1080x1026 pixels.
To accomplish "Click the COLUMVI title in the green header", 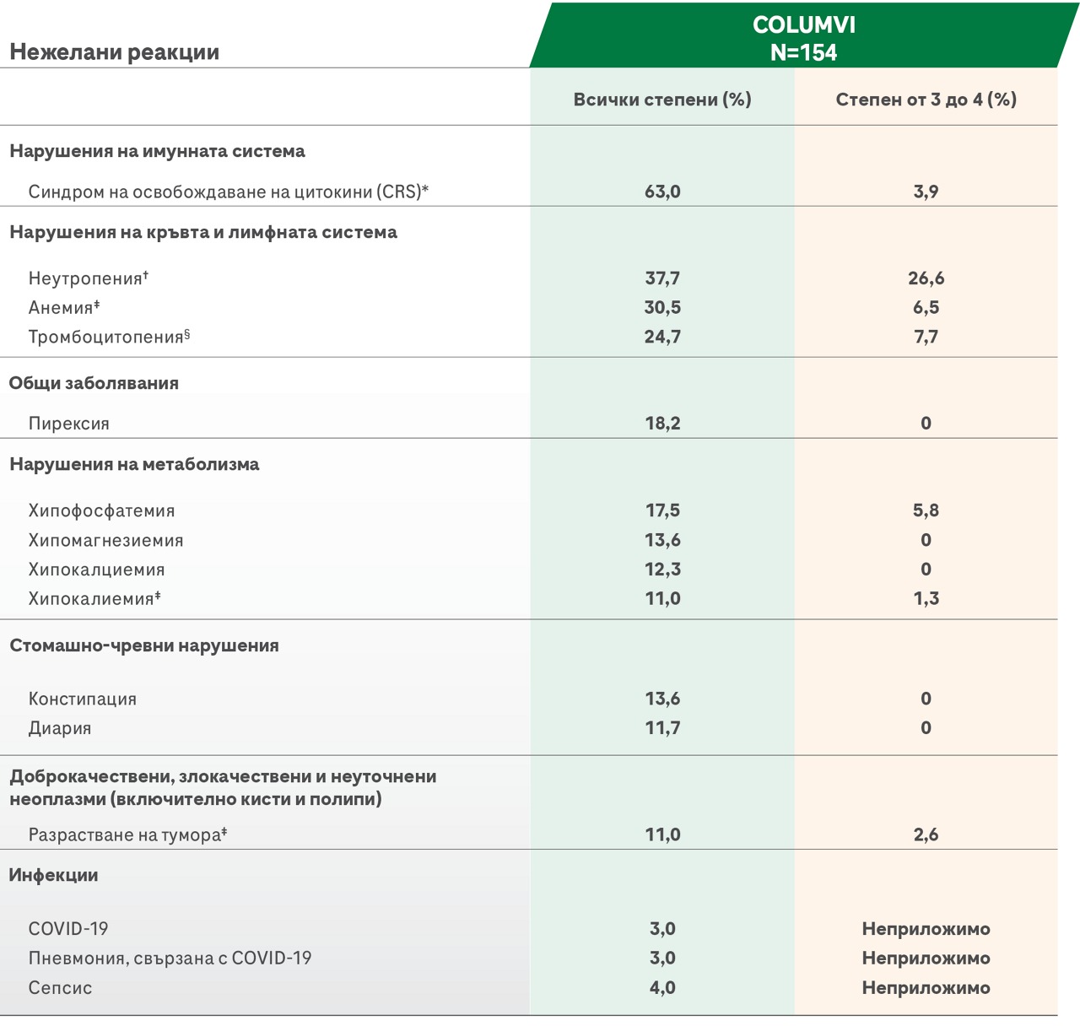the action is point(804,24).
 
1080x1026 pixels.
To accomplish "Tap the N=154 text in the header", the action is point(804,53).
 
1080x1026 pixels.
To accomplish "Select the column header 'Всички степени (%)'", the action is point(662,100).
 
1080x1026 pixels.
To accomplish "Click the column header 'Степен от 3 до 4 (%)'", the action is point(926,100).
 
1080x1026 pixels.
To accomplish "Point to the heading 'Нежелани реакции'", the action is point(114,51).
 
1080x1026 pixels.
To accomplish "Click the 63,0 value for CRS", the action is point(662,192).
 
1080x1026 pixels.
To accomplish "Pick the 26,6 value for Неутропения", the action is point(926,278).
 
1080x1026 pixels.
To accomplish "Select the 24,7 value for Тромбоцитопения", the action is point(662,337).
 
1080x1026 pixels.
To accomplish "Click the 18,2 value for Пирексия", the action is point(662,424).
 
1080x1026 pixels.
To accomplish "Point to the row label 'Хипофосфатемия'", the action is point(101,510).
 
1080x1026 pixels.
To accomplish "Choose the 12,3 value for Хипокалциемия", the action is point(662,569).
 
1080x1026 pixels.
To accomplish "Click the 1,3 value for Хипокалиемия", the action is point(926,598).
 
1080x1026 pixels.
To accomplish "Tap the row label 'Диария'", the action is point(60,727).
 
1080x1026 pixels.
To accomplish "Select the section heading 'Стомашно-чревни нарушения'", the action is point(144,645).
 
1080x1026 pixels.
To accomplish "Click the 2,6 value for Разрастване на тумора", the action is point(926,834).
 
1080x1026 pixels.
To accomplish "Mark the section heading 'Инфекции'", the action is point(53,875).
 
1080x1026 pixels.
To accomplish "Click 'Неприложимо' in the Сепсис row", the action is point(926,987).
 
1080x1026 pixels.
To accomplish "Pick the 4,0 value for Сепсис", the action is point(662,987).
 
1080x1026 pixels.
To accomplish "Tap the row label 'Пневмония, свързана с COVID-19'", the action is point(170,958).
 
